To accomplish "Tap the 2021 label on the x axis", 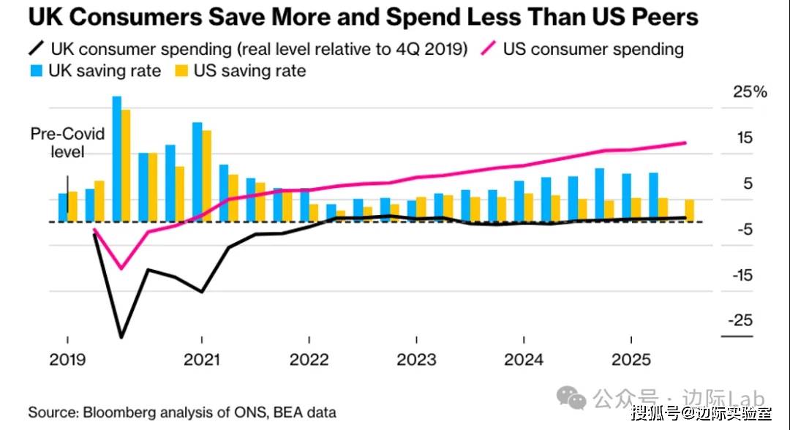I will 201,360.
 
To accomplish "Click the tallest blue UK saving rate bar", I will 116,158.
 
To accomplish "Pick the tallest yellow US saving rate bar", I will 126,165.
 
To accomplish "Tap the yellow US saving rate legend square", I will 181,71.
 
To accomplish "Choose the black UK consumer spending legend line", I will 36,50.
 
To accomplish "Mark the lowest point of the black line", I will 121,338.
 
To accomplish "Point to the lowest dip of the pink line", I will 121,268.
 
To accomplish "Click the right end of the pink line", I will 685,143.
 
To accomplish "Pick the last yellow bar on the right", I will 689,211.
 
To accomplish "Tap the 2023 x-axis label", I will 416,360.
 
